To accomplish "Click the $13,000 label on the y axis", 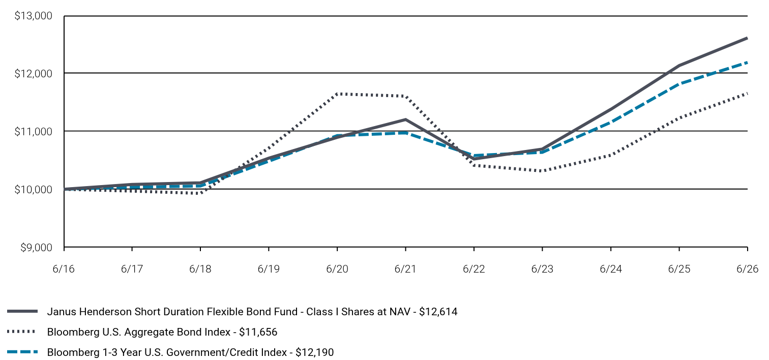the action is click(33, 16).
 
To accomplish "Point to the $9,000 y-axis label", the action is click(37, 248).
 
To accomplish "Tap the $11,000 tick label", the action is click(33, 131).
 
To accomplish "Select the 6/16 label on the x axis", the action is click(64, 268).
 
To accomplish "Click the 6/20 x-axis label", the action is click(337, 268).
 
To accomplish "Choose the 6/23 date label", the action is click(542, 268).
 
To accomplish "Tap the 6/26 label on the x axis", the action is click(747, 268).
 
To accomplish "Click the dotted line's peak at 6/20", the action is click(337, 94).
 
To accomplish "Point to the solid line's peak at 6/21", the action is click(405, 119).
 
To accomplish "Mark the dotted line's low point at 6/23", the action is click(542, 171).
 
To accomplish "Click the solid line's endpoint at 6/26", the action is click(747, 38).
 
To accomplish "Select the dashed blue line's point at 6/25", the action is click(679, 84).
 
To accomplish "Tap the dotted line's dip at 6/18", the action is click(200, 194).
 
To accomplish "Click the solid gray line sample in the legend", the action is click(22, 311).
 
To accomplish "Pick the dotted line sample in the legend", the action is click(21, 332).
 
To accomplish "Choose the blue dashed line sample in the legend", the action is click(22, 352).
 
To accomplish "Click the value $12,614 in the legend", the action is click(438, 312).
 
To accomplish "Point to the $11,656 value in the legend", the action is click(258, 332).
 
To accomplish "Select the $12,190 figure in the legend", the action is click(314, 352).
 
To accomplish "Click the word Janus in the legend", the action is click(61, 312).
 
